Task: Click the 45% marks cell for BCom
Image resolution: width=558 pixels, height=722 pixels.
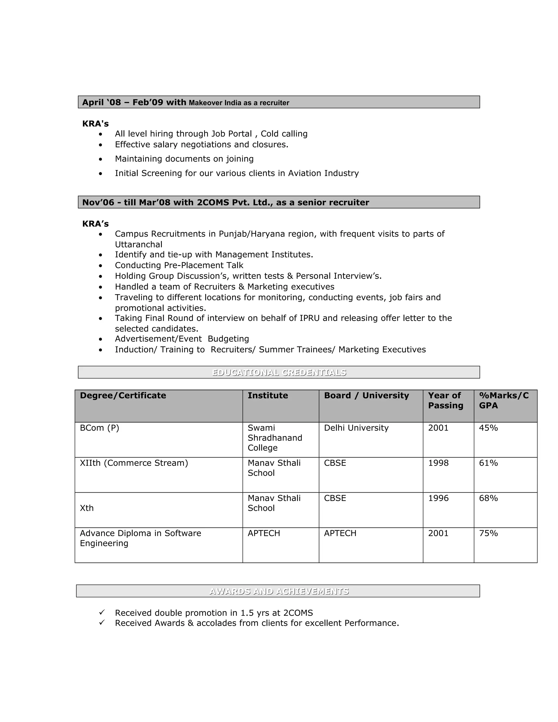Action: click(x=488, y=428)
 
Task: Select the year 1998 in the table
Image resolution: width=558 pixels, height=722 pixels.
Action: click(x=438, y=463)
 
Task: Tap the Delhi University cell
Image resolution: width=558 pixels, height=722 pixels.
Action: click(x=356, y=428)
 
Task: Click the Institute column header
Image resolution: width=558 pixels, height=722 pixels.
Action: click(x=268, y=395)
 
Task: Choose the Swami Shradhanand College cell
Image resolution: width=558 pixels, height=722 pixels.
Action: click(x=275, y=438)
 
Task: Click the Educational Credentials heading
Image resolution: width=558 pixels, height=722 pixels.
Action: click(x=279, y=372)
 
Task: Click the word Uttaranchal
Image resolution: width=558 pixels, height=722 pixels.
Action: click(x=138, y=245)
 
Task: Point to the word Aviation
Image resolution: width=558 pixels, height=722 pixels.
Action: click(x=304, y=173)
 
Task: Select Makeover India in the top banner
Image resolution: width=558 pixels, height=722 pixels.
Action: click(x=215, y=103)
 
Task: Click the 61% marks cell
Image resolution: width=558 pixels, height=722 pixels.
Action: click(x=488, y=463)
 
